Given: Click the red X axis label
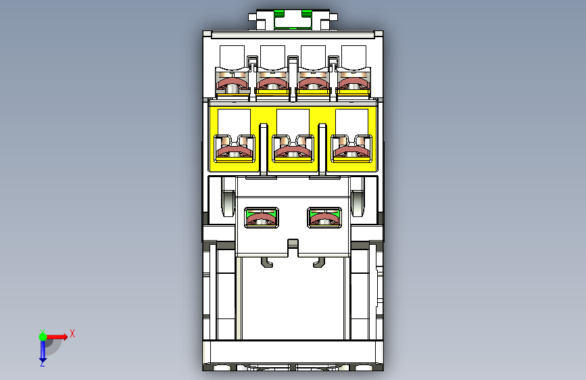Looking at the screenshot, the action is click(72, 333).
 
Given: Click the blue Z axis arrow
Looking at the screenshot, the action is click(43, 351).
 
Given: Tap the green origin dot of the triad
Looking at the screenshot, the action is click(43, 337).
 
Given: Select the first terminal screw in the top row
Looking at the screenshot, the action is click(233, 84).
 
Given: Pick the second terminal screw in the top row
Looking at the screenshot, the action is click(273, 84).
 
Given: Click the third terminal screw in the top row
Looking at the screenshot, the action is click(313, 84).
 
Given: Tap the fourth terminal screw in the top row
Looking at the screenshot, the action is click(353, 84).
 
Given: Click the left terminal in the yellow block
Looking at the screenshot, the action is click(235, 149).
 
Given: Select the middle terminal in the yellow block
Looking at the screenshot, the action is click(293, 149).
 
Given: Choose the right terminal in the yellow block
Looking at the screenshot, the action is click(351, 149).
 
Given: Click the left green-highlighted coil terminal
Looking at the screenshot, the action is click(262, 218).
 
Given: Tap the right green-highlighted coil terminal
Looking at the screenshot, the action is click(324, 218).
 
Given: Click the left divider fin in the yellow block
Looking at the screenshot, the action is click(264, 149).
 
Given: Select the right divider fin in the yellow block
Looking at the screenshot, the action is click(322, 149).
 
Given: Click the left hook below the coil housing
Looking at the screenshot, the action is click(267, 262).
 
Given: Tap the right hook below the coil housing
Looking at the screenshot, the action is click(319, 262).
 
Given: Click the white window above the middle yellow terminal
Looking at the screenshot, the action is click(293, 122).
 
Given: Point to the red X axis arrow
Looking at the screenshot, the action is click(56, 337).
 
